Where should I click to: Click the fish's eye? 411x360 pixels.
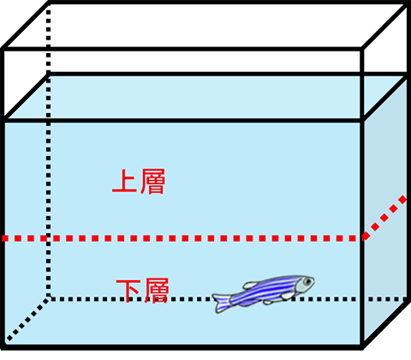pos(307,282)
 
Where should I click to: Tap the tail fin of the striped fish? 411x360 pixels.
pos(221,303)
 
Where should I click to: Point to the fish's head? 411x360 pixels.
pos(304,284)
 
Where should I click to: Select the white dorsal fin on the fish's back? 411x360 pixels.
pos(250,285)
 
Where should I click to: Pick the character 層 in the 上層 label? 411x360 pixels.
pos(152,182)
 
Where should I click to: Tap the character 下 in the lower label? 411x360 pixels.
pos(128,291)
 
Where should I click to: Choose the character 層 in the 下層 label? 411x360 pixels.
pos(157,291)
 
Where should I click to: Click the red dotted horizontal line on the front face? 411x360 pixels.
pos(182,238)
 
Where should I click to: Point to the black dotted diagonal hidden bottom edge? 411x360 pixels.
pos(27,319)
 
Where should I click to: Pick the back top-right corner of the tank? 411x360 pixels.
pos(408,3)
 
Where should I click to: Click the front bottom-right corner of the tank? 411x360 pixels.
pos(362,346)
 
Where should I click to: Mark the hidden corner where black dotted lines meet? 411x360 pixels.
pos(49,299)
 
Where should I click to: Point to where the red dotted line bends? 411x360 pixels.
pos(363,237)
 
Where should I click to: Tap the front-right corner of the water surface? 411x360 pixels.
pos(362,120)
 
